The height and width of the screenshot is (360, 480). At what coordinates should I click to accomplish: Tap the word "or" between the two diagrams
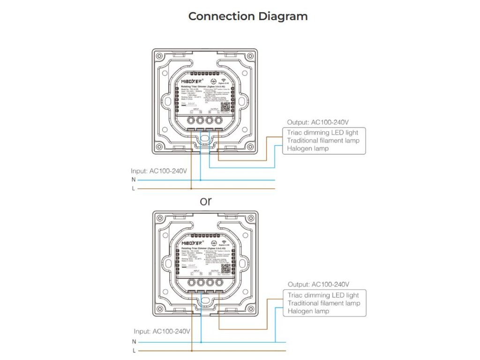pyautogui.click(x=206, y=201)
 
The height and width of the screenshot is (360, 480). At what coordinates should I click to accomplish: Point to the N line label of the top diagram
pyautogui.click(x=134, y=179)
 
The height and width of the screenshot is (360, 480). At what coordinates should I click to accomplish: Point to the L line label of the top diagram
pyautogui.click(x=134, y=188)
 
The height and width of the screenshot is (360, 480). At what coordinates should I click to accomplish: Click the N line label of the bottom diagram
pyautogui.click(x=134, y=341)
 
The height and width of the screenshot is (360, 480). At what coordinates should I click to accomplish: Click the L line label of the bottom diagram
pyautogui.click(x=134, y=351)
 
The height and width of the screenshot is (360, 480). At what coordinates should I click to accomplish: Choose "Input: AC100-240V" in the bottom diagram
pyautogui.click(x=162, y=331)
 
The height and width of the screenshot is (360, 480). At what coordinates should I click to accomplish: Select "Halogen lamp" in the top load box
pyautogui.click(x=308, y=149)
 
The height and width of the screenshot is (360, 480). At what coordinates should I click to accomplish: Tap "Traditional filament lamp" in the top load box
pyautogui.click(x=323, y=141)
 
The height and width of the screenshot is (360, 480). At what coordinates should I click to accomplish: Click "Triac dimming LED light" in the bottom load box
pyautogui.click(x=323, y=295)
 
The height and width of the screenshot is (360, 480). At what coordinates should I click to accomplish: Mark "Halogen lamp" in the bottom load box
pyautogui.click(x=308, y=311)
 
